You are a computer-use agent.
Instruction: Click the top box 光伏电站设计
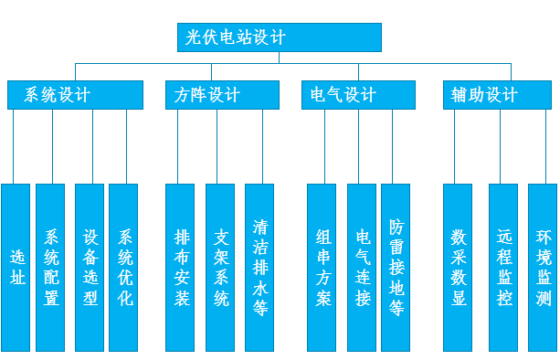click(x=279, y=37)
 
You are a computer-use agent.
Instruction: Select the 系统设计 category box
click(x=75, y=95)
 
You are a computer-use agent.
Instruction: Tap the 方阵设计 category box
click(x=222, y=95)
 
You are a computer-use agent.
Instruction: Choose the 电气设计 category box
click(x=358, y=95)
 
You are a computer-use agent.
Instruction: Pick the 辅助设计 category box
click(x=498, y=95)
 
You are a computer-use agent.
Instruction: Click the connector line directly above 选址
click(x=14, y=146)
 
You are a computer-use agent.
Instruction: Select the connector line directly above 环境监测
click(x=542, y=146)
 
